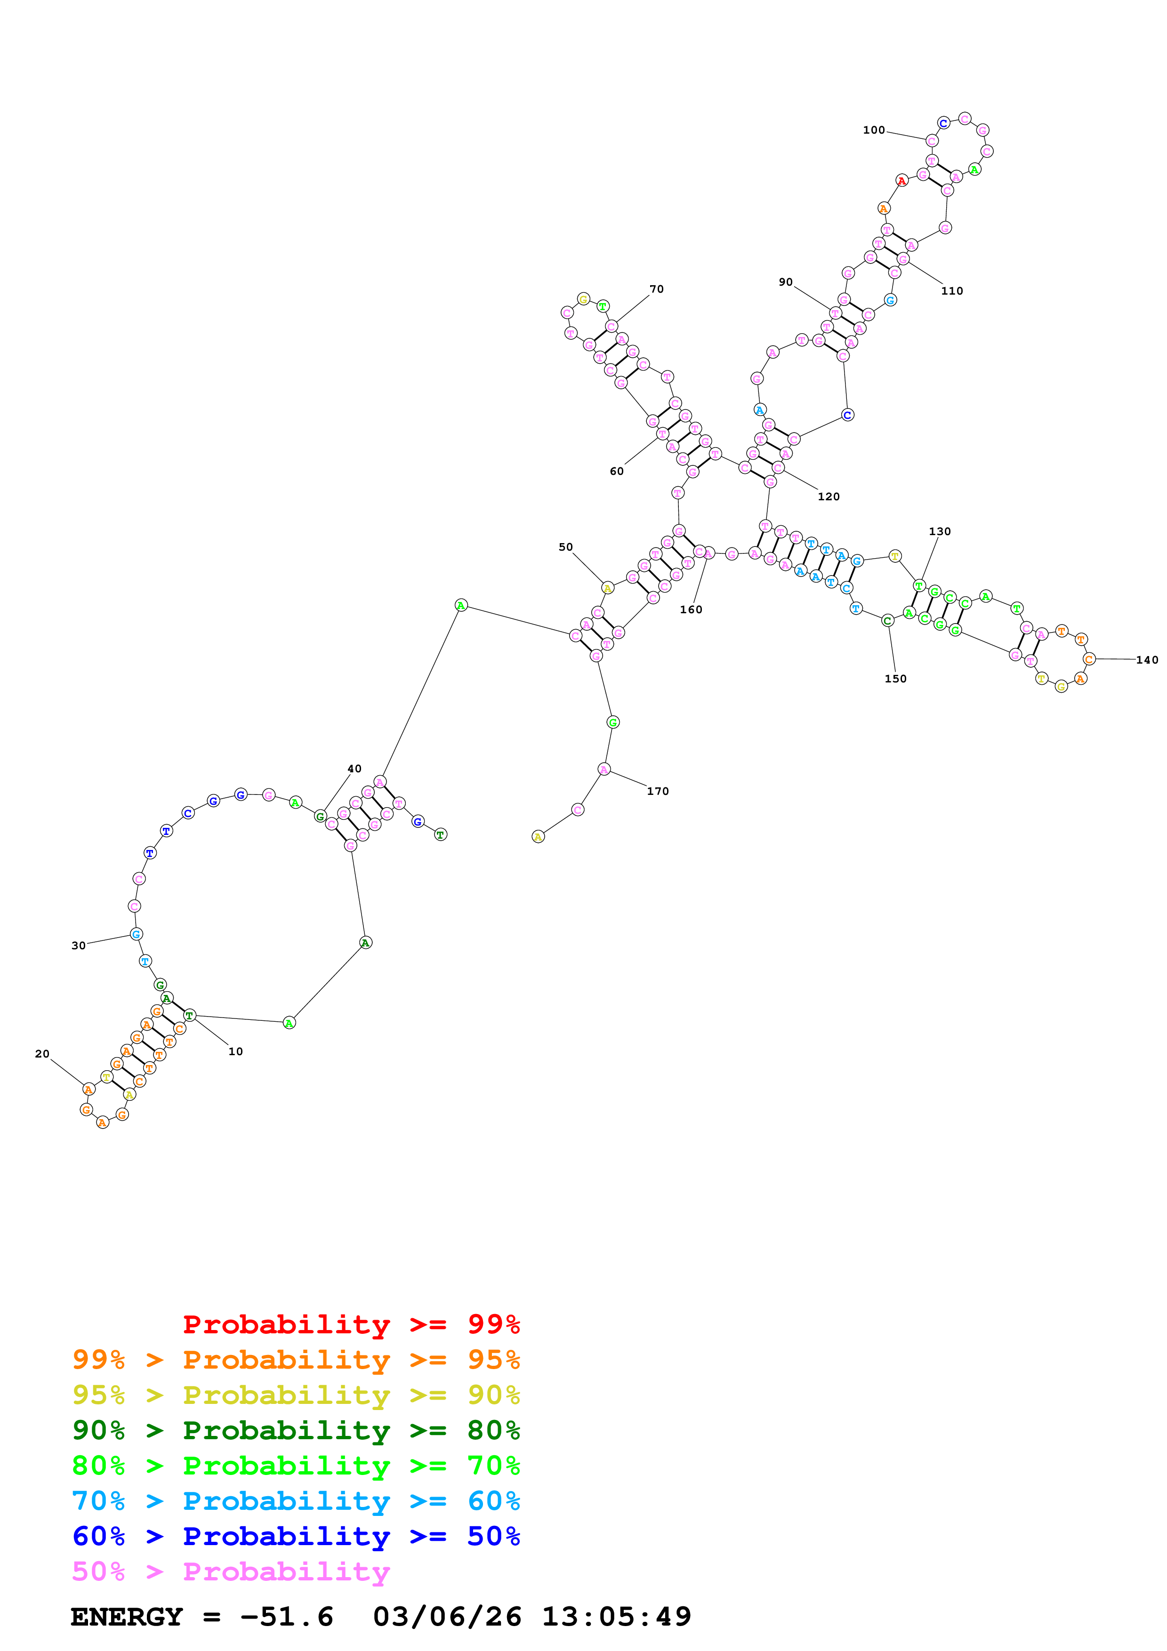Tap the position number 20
[x=42, y=1054]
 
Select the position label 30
[x=78, y=946]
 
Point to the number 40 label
[x=354, y=769]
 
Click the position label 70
[x=657, y=289]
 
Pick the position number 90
[x=786, y=282]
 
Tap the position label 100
[x=874, y=130]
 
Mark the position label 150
[x=895, y=679]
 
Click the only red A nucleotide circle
[x=901, y=180]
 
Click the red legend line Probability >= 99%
[x=351, y=1324]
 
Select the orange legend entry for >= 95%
[x=296, y=1360]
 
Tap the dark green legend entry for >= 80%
[x=296, y=1430]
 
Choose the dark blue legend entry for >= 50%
[x=296, y=1536]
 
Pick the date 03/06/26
[x=447, y=1617]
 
